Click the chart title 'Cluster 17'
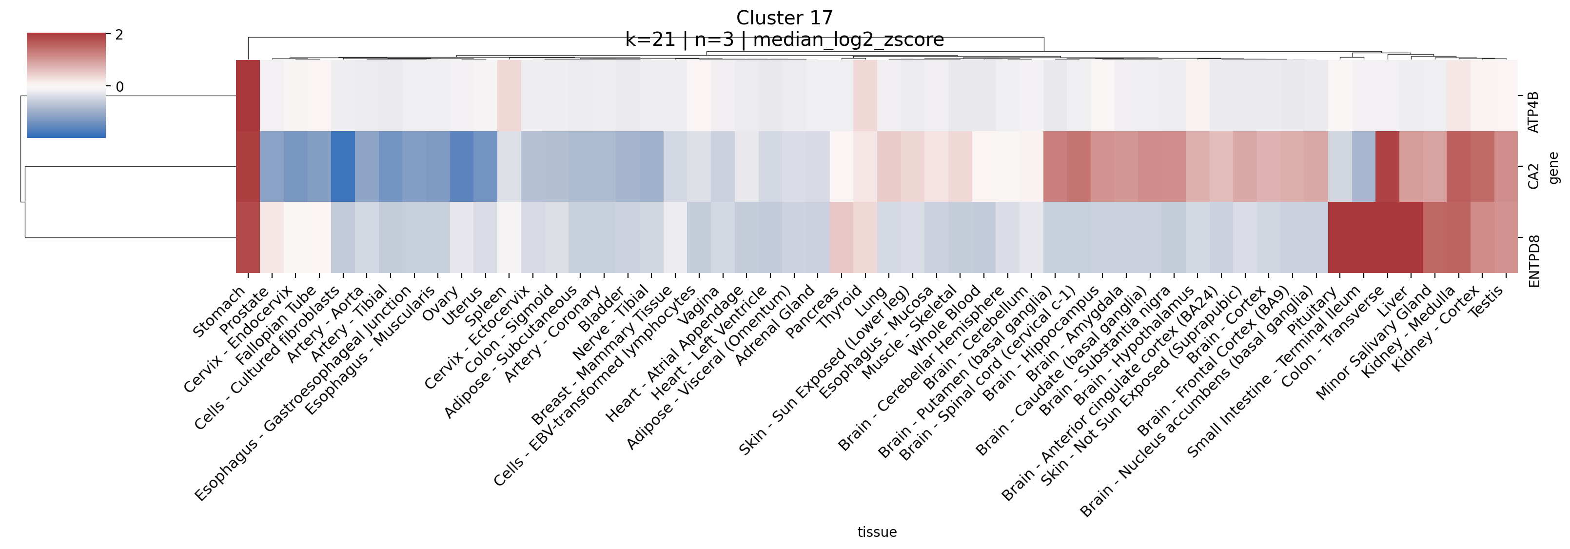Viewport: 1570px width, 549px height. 784,18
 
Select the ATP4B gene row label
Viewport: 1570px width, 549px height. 1533,112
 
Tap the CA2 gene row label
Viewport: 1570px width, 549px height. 1533,176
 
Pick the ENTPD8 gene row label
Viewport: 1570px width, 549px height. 1533,261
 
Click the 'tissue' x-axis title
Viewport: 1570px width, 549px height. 877,532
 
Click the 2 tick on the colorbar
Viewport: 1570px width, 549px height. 119,35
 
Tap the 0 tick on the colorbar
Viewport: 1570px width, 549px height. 119,86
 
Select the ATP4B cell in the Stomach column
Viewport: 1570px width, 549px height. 248,95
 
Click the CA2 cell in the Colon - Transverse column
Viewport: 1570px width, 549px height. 1387,166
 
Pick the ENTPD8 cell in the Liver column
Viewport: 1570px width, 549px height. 1411,237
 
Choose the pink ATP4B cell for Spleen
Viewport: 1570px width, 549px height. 510,95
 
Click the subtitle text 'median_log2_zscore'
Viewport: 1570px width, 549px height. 848,39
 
